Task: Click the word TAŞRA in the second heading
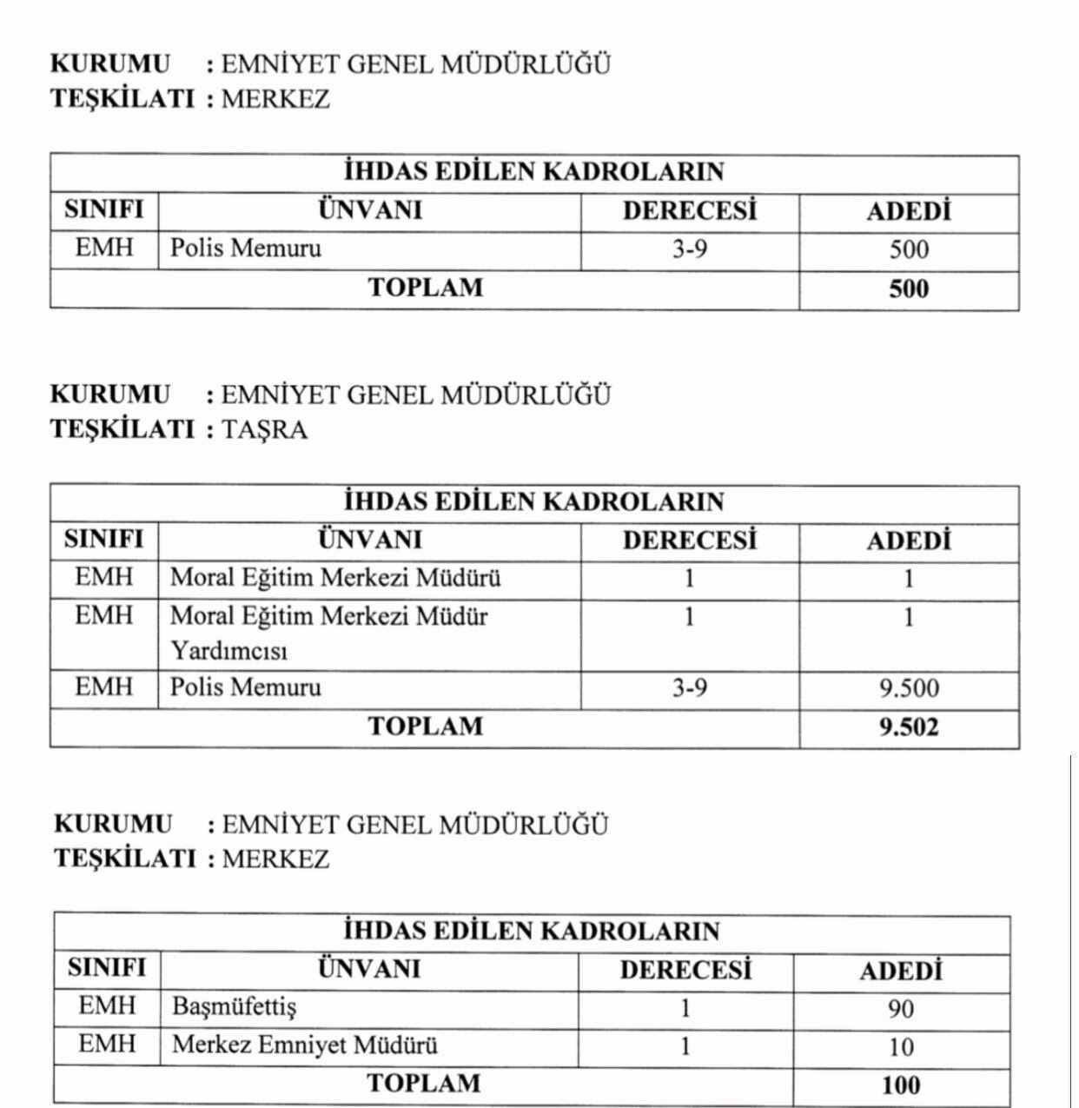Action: (265, 430)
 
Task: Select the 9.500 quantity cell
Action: (909, 688)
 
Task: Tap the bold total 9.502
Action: (909, 727)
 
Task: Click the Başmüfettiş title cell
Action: (235, 1007)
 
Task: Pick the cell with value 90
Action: (901, 1009)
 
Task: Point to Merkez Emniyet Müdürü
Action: (305, 1045)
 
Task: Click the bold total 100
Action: (901, 1085)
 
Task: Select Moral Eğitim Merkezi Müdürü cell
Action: (335, 578)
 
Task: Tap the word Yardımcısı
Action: (228, 651)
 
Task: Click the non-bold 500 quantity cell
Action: (909, 250)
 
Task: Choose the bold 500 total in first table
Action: (909, 289)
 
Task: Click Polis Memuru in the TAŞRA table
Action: (246, 687)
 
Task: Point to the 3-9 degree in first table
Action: (690, 249)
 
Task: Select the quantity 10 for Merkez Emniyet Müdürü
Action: (901, 1047)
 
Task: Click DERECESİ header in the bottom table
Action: (685, 969)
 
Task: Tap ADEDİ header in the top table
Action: (909, 211)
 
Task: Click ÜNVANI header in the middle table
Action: (370, 540)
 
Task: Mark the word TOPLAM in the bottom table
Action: (424, 1084)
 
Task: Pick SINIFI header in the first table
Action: (104, 210)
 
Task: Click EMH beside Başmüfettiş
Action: (108, 1006)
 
